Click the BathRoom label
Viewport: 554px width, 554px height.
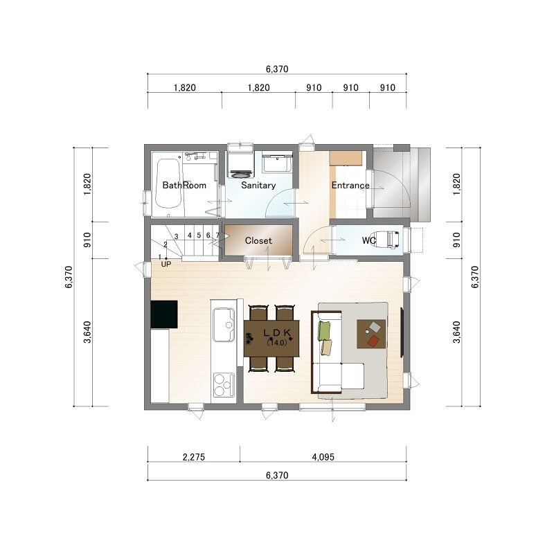click(184, 185)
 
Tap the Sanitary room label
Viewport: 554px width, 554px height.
click(258, 185)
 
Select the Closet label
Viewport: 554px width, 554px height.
click(258, 240)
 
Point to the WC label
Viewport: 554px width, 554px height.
click(368, 240)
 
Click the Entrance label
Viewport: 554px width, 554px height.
click(350, 185)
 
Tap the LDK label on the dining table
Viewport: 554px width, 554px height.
click(278, 333)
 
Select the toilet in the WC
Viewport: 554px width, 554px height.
click(387, 240)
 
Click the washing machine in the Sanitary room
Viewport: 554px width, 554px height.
click(240, 164)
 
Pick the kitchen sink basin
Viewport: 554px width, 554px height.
click(223, 325)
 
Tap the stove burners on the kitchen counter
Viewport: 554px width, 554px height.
click(223, 385)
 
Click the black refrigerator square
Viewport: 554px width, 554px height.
click(164, 314)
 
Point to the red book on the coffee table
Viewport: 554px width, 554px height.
click(373, 341)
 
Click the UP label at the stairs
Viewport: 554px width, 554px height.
click(166, 264)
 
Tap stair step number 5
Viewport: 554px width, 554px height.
click(199, 235)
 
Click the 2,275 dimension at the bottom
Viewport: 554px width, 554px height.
click(194, 457)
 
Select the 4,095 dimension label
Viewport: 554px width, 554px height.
click(323, 457)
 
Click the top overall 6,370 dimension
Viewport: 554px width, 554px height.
click(277, 69)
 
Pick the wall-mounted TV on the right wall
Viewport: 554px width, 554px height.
click(402, 332)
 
